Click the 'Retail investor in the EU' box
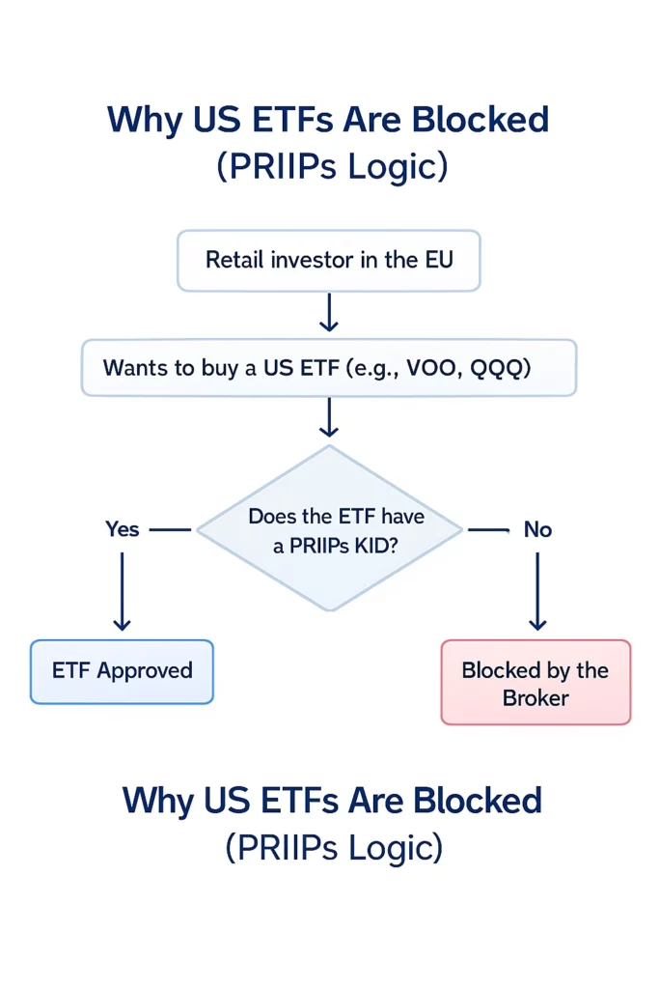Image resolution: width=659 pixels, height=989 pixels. tap(328, 261)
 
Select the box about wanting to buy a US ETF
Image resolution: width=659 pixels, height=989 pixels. tap(328, 368)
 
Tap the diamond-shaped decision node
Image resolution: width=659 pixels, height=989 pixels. tap(329, 529)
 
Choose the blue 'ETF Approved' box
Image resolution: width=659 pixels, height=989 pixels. tap(122, 671)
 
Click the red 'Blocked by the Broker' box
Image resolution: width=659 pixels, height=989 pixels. tap(535, 683)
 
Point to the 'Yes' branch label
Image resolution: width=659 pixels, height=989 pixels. tap(123, 529)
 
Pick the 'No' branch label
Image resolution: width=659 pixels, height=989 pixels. tap(537, 529)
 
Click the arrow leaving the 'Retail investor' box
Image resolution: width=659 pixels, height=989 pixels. tap(329, 313)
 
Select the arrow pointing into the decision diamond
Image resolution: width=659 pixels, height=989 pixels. tap(329, 418)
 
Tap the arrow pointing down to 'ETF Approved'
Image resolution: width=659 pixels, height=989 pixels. tap(123, 591)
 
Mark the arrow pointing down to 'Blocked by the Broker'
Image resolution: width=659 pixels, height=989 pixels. tap(537, 591)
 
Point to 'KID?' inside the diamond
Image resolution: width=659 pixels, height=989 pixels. tap(377, 546)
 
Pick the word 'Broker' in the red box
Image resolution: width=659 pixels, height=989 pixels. tap(535, 697)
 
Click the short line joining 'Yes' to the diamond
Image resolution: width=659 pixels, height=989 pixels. tap(171, 529)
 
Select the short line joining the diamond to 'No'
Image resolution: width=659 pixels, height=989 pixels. tap(488, 529)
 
